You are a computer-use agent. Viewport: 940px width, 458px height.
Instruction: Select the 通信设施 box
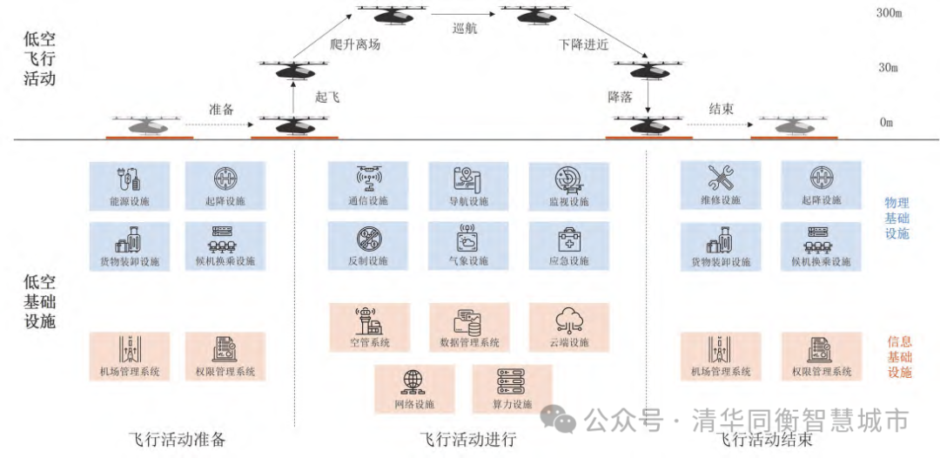[x=366, y=185]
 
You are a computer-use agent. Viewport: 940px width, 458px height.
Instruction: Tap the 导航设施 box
[x=467, y=185]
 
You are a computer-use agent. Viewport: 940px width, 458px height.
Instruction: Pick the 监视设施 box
[x=567, y=185]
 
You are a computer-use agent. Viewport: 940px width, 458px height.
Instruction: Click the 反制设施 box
[x=366, y=246]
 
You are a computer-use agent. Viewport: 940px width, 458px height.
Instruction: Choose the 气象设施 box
[x=467, y=246]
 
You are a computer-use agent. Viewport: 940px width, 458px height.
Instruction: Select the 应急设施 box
[x=567, y=246]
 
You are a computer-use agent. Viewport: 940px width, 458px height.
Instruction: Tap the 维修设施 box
[x=721, y=185]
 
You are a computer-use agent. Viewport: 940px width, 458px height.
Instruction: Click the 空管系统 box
[x=366, y=327]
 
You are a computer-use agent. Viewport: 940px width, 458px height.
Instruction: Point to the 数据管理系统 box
[x=467, y=327]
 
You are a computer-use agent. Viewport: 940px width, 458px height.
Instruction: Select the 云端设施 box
[x=567, y=327]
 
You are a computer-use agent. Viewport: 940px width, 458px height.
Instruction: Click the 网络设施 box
[x=414, y=388]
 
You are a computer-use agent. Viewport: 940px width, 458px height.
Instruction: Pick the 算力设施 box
[x=512, y=388]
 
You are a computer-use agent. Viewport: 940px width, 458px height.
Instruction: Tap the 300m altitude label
[x=889, y=14]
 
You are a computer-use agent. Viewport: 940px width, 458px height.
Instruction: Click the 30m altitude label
[x=889, y=68]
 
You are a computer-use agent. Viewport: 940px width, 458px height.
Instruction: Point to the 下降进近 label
[x=584, y=44]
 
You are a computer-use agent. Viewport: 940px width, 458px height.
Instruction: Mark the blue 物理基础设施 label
[x=897, y=218]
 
